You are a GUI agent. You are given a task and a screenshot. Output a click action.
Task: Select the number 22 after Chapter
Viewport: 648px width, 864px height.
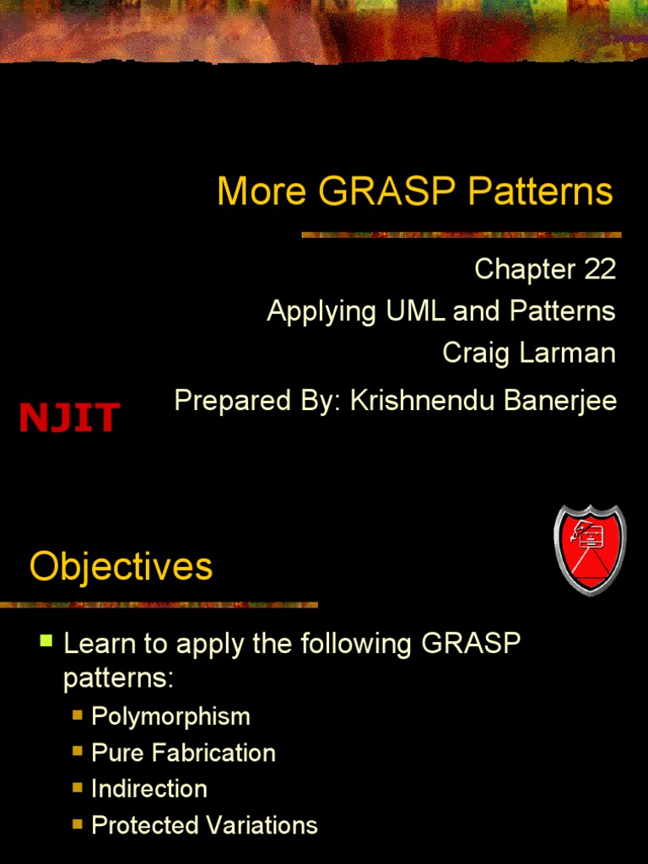coord(597,269)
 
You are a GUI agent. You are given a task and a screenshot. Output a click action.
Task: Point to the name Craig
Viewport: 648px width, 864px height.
coord(477,353)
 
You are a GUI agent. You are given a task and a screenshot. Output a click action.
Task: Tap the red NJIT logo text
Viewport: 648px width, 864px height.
coord(70,418)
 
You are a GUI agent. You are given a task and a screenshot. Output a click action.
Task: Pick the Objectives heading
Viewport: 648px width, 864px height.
coord(121,566)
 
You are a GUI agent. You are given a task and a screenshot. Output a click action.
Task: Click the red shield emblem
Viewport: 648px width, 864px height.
coord(589,549)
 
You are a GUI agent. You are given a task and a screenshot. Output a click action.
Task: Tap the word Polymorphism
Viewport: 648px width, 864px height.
coord(170,716)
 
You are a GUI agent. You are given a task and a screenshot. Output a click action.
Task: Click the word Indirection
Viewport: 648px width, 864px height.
coord(149,789)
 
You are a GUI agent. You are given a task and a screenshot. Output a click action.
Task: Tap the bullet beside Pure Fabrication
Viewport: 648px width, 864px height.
coord(78,750)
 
